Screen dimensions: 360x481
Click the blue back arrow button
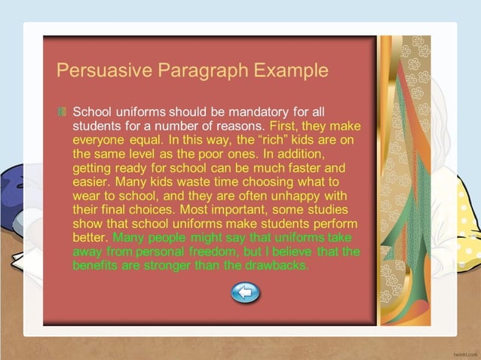pyautogui.click(x=245, y=292)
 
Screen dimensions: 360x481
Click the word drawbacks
pyautogui.click(x=273, y=265)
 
